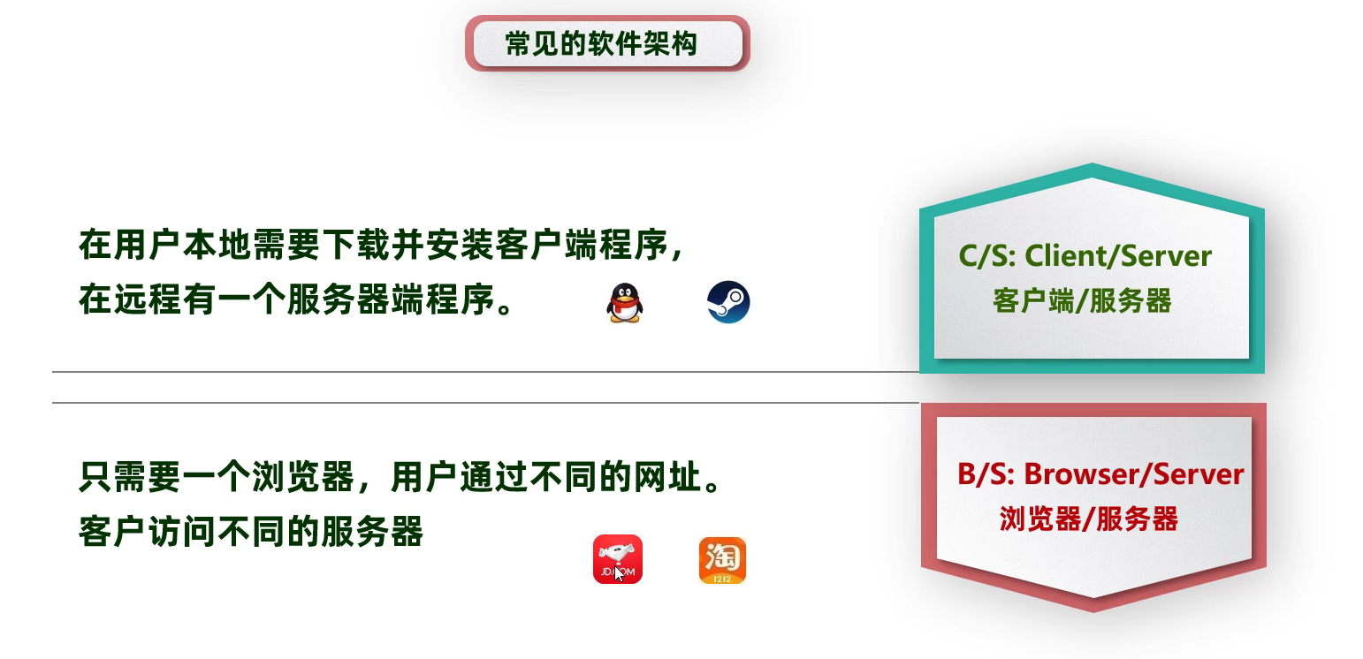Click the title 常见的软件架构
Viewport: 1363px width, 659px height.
coord(601,44)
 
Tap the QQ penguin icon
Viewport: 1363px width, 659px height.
coord(624,303)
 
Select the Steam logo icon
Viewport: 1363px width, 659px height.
coord(728,302)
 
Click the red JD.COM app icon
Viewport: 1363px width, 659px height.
coord(618,559)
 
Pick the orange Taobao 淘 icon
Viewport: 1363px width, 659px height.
coord(722,560)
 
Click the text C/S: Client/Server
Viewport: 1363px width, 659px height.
coord(1085,256)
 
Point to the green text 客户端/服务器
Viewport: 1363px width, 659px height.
coord(1082,300)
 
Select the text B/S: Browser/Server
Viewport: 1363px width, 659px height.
coord(1100,474)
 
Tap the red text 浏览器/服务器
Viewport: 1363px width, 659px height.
coord(1089,519)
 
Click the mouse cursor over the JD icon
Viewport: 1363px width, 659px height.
coord(619,573)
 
